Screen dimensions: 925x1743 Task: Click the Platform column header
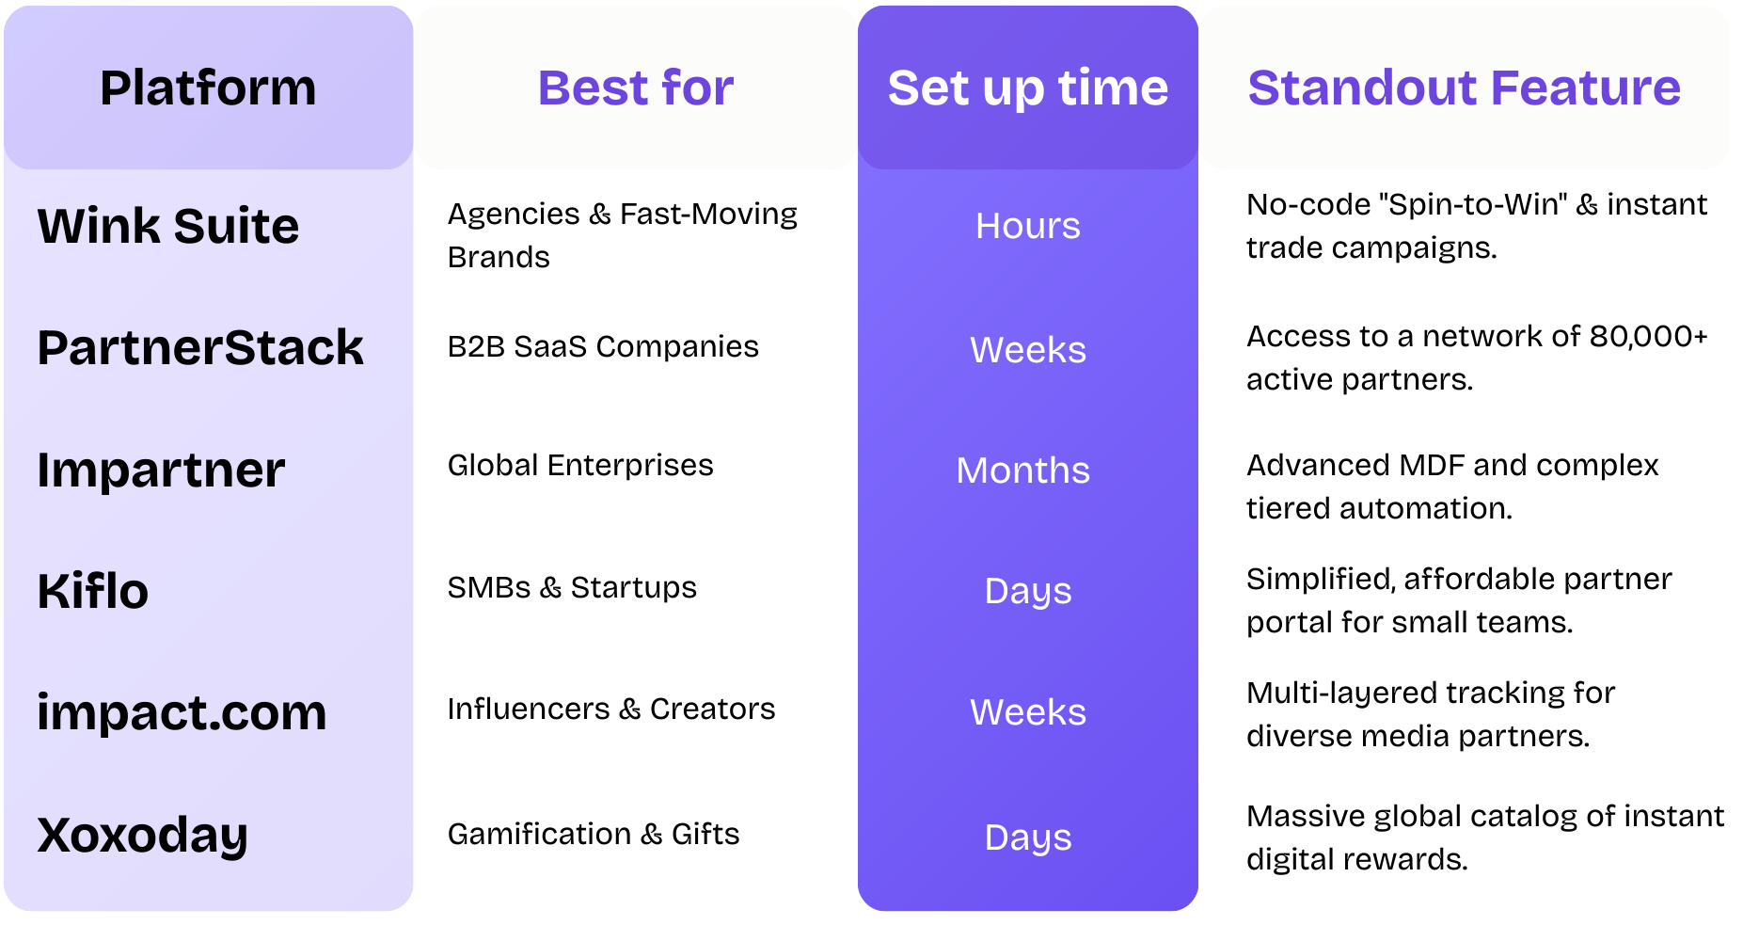tap(208, 88)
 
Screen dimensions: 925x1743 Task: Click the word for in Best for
tap(697, 88)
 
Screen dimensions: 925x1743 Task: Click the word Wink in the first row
tap(98, 227)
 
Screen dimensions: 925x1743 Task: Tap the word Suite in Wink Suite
tap(236, 227)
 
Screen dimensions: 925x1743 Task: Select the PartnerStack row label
tap(200, 348)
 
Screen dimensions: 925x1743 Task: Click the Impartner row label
tap(161, 470)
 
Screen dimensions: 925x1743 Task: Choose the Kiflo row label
tap(93, 592)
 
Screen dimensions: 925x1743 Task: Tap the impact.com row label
tap(182, 713)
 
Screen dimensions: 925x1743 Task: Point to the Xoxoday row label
tap(142, 836)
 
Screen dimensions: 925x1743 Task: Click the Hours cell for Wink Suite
tap(1028, 227)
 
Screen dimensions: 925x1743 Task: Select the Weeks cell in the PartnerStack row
tap(1028, 350)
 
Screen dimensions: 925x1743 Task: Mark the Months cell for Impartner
tap(1023, 470)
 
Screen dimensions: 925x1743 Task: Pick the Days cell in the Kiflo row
tap(1028, 592)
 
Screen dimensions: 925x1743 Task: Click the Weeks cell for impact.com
tap(1028, 713)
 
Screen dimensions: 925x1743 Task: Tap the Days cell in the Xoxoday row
tap(1028, 837)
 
